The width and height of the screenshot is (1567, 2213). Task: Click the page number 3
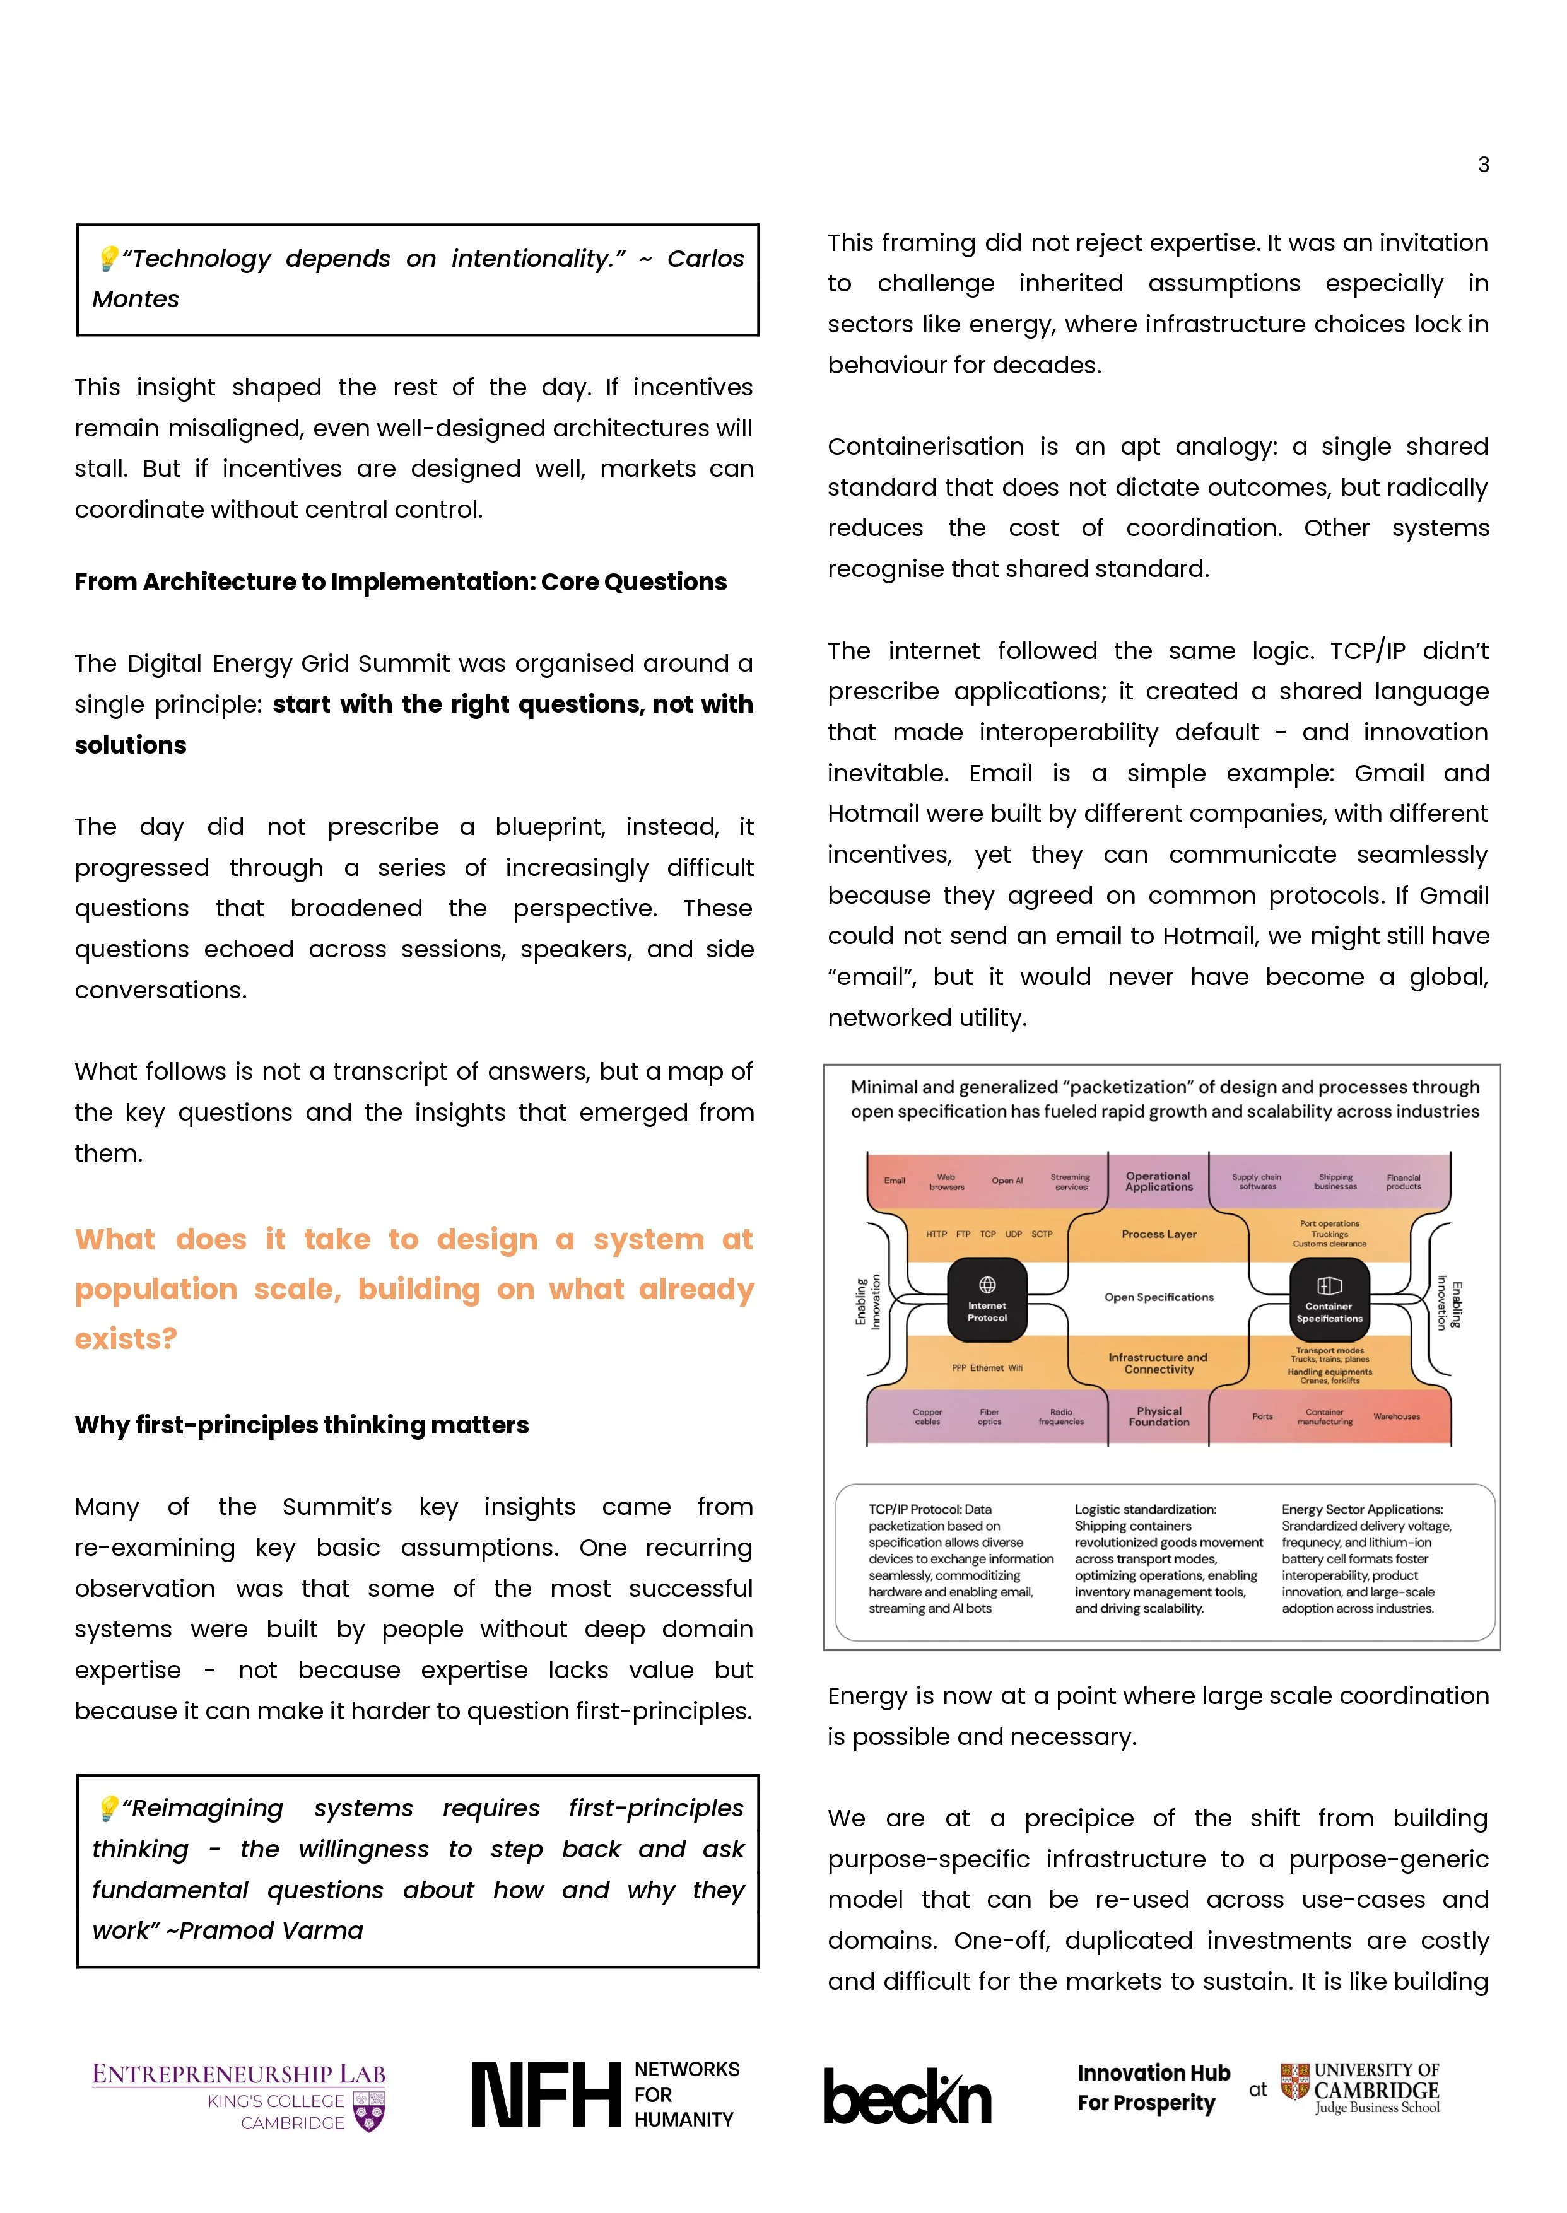pos(1483,165)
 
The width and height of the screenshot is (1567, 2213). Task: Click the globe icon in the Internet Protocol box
pos(987,1284)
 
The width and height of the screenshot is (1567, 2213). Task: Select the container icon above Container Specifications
pos(1329,1285)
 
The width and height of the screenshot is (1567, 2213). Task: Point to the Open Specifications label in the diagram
pos(1159,1297)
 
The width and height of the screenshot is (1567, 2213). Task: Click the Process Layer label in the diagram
pos(1159,1234)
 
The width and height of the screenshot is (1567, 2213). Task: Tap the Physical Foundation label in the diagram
pos(1159,1416)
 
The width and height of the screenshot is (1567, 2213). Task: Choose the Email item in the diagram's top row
pos(895,1181)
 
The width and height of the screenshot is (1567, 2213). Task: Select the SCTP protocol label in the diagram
pos(1042,1234)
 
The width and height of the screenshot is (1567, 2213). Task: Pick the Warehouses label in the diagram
pos(1396,1416)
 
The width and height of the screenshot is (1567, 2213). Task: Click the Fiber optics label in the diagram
pos(989,1416)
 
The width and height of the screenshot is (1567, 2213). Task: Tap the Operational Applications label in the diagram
pos(1159,1182)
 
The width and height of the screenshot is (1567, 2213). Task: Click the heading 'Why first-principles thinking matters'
pos(301,1425)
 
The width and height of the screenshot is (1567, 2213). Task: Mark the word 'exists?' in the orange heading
pos(126,1339)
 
